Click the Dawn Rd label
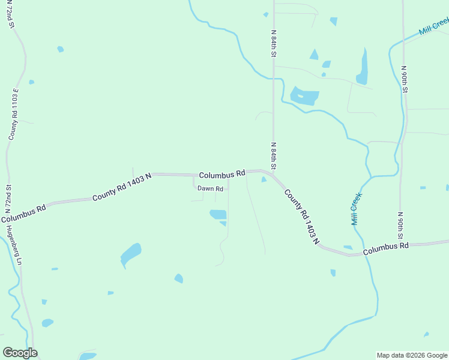click(211, 188)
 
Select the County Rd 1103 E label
click(14, 114)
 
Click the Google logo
click(20, 353)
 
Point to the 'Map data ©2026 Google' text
click(412, 355)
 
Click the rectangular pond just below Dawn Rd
click(218, 214)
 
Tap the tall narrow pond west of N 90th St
click(363, 67)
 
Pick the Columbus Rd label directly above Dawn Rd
click(221, 175)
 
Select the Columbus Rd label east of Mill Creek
click(385, 247)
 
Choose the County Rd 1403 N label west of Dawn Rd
click(121, 187)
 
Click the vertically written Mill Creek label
click(357, 208)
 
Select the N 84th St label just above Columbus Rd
click(274, 155)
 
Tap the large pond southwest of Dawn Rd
click(130, 254)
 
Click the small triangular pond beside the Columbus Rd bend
click(264, 179)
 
